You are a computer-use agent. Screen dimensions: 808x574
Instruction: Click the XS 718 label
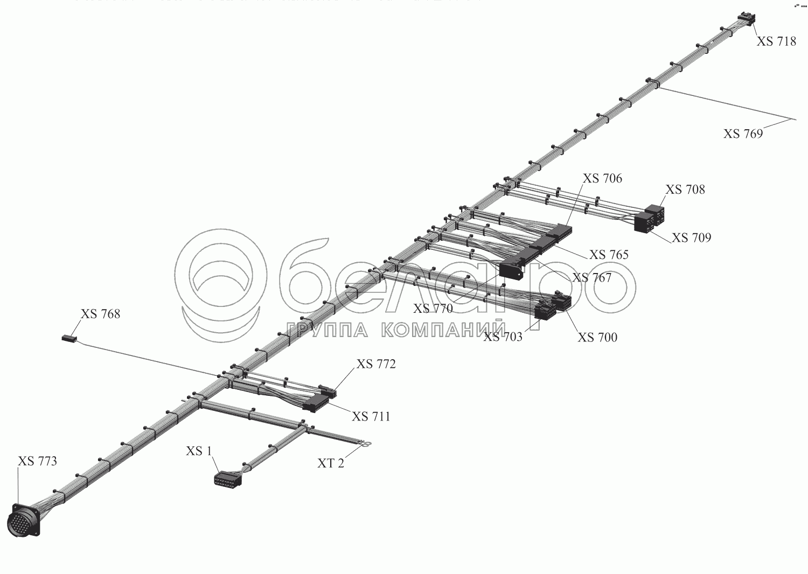pos(776,41)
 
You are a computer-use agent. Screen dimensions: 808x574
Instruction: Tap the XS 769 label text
pos(743,134)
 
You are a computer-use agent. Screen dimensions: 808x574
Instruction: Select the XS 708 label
pos(685,190)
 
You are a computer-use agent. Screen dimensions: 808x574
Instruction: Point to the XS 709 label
pos(691,237)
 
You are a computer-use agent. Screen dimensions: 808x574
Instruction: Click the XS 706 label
pos(602,178)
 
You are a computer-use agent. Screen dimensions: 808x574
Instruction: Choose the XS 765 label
pos(609,255)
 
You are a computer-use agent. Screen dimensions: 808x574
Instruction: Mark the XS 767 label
pos(591,278)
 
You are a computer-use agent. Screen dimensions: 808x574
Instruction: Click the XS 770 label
pos(433,309)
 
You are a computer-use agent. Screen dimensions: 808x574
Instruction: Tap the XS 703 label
pos(503,337)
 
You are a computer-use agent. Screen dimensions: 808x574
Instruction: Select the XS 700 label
pos(597,338)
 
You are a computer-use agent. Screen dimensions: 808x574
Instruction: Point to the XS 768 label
pos(100,314)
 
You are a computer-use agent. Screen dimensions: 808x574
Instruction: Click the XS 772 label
pos(375,365)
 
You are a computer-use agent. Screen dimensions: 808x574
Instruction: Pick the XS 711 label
pos(371,416)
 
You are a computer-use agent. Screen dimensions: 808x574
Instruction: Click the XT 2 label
pos(330,463)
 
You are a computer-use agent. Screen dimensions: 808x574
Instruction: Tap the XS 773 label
pos(37,461)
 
